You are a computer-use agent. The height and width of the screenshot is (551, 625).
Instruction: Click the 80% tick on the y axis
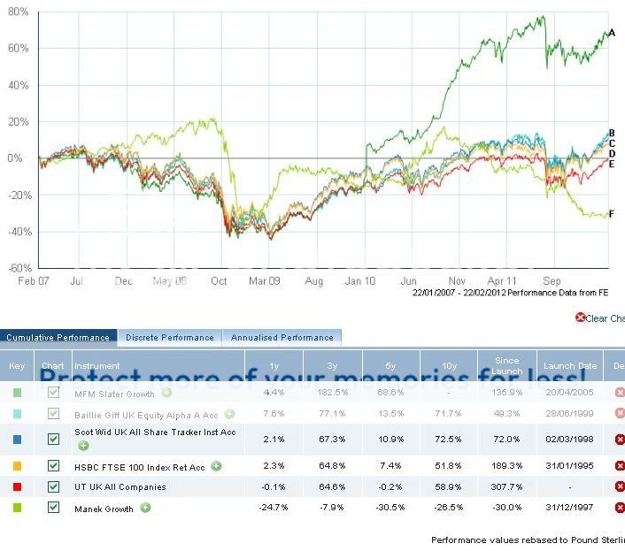click(x=18, y=13)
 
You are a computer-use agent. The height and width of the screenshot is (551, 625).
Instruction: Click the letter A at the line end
click(x=612, y=33)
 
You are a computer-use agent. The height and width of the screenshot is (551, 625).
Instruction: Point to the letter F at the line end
click(x=612, y=213)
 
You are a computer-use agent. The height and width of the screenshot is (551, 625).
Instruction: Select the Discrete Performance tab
click(x=170, y=337)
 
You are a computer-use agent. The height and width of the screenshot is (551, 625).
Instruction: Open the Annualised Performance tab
click(x=282, y=337)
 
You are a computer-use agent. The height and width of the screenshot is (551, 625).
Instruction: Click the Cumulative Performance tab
click(x=58, y=337)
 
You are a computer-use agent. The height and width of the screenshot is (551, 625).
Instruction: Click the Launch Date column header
click(x=569, y=365)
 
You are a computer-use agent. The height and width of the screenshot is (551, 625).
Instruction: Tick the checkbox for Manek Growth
click(x=54, y=508)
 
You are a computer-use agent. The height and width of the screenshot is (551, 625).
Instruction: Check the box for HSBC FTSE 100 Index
click(x=54, y=465)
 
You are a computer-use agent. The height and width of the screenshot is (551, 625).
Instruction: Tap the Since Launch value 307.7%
click(x=506, y=486)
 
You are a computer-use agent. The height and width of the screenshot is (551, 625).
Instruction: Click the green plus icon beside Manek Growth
click(x=145, y=508)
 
